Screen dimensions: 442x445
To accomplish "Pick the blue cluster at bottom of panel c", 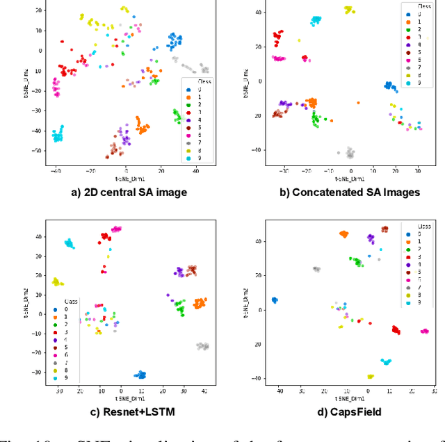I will [x=141, y=375].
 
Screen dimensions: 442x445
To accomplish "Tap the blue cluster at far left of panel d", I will [x=275, y=300].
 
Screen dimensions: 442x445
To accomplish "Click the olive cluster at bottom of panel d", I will [x=371, y=376].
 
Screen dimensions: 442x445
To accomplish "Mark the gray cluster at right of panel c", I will [x=202, y=346].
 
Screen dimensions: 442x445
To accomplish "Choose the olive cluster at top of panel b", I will [x=349, y=10].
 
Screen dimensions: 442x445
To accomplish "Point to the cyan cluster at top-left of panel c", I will [x=70, y=243].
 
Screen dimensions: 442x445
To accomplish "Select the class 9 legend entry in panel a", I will [x=194, y=158].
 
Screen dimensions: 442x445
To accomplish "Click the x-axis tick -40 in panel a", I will [x=55, y=170].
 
